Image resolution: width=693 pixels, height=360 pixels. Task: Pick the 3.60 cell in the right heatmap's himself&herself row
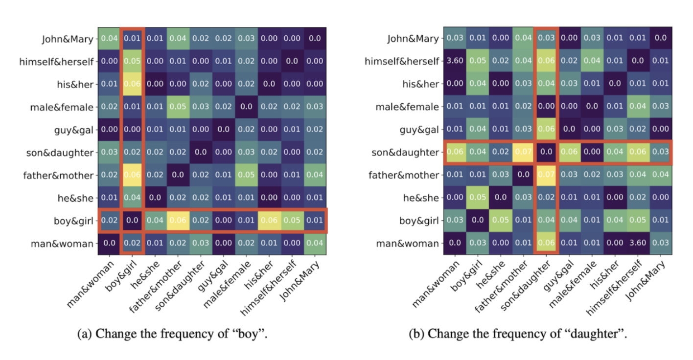[x=454, y=62]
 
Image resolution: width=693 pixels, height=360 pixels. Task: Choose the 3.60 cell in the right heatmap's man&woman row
[x=638, y=243]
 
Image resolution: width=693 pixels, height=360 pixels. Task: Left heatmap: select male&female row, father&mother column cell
[x=178, y=107]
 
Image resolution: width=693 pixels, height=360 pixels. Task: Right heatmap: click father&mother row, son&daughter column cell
[x=546, y=175]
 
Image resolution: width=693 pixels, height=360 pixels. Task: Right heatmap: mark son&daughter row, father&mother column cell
[x=523, y=153]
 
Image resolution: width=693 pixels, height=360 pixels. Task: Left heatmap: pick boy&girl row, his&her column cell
[x=269, y=221]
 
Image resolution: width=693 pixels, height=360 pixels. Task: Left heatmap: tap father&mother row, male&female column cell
[x=246, y=175]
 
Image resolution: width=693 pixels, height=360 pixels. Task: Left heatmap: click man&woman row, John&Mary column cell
[x=315, y=243]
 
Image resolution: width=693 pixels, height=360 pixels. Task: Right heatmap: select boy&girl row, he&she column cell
[x=500, y=220]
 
